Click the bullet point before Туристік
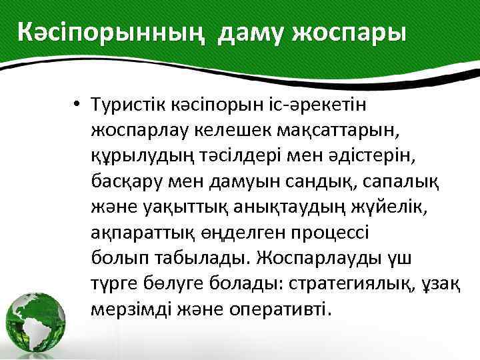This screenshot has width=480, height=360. pos(78,105)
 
